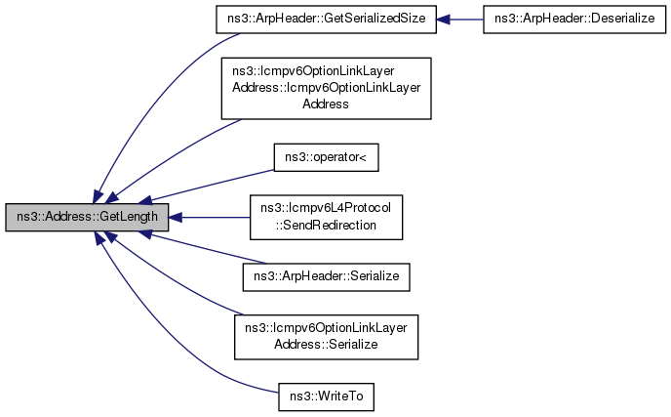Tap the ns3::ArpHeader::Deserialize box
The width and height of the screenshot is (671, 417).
click(573, 19)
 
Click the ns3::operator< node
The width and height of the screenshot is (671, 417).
click(326, 156)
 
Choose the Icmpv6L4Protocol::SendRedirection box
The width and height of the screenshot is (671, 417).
click(326, 217)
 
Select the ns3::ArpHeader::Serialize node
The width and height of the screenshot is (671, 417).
click(326, 277)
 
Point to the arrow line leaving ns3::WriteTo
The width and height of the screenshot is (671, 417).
click(185, 341)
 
